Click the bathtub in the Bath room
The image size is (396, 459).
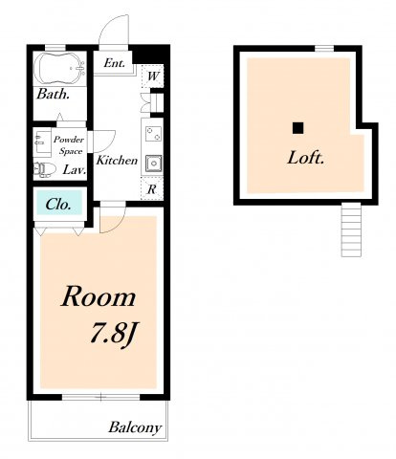pyautogui.click(x=59, y=69)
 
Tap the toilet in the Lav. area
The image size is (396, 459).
pyautogui.click(x=44, y=168)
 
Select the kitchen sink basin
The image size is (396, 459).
pyautogui.click(x=153, y=164)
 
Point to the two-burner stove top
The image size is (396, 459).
pyautogui.click(x=153, y=134)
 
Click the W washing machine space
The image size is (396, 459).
pyautogui.click(x=152, y=76)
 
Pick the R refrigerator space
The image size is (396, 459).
pyautogui.click(x=152, y=189)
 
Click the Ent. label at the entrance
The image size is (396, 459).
pyautogui.click(x=114, y=63)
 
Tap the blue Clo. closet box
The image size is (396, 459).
pyautogui.click(x=59, y=203)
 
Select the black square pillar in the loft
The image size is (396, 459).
pyautogui.click(x=298, y=128)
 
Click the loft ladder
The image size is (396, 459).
pyautogui.click(x=351, y=229)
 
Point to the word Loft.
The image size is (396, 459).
pyautogui.click(x=306, y=158)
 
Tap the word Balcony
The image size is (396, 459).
pyautogui.click(x=135, y=427)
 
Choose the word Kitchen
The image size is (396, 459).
pyautogui.click(x=117, y=160)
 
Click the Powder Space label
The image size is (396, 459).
pyautogui.click(x=69, y=145)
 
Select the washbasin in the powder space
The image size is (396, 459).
pyautogui.click(x=42, y=142)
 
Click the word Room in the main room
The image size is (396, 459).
pyautogui.click(x=99, y=296)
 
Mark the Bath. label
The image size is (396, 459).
pyautogui.click(x=53, y=94)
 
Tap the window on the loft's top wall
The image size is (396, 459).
pyautogui.click(x=324, y=49)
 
